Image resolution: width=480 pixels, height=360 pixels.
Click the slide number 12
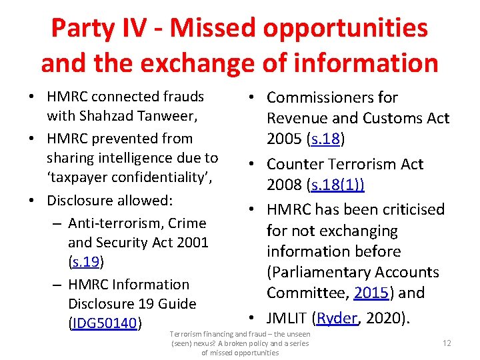pyautogui.click(x=447, y=342)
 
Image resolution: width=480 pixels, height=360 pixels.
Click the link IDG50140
pyautogui.click(x=104, y=323)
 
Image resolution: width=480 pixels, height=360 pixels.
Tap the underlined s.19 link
pyautogui.click(x=85, y=261)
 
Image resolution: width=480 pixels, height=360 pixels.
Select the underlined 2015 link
pyautogui.click(x=372, y=293)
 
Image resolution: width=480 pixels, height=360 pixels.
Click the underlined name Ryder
pyautogui.click(x=337, y=318)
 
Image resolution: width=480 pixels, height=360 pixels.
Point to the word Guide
pyautogui.click(x=177, y=303)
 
